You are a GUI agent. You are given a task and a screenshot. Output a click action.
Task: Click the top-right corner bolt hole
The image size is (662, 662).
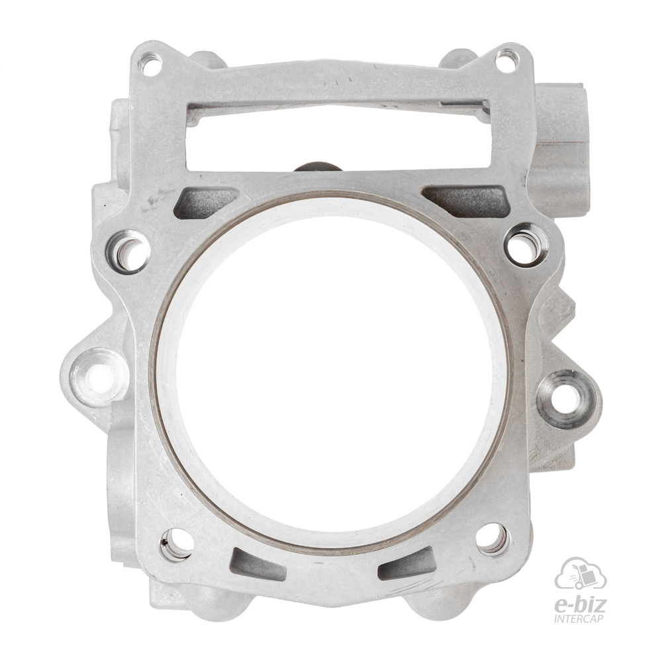click(x=506, y=61)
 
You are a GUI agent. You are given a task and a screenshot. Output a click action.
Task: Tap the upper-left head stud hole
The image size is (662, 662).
click(x=128, y=252)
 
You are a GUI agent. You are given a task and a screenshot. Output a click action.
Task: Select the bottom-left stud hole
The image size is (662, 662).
click(x=177, y=545)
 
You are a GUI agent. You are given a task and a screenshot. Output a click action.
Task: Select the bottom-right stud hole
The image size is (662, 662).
click(x=493, y=539)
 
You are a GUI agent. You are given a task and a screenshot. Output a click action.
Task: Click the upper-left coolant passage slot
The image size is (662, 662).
click(x=206, y=203)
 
